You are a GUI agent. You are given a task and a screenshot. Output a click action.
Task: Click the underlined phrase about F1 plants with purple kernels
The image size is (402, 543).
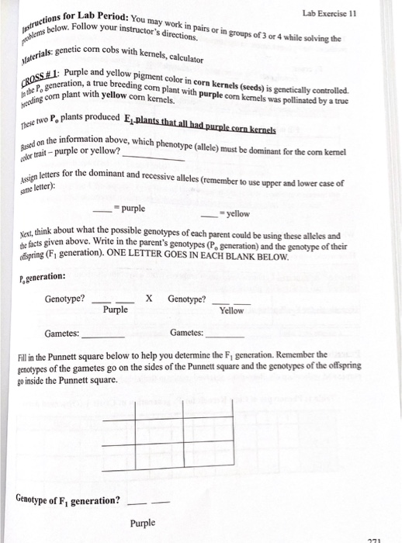[201, 129]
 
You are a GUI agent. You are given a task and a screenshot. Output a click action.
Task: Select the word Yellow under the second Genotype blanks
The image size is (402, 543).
[231, 310]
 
